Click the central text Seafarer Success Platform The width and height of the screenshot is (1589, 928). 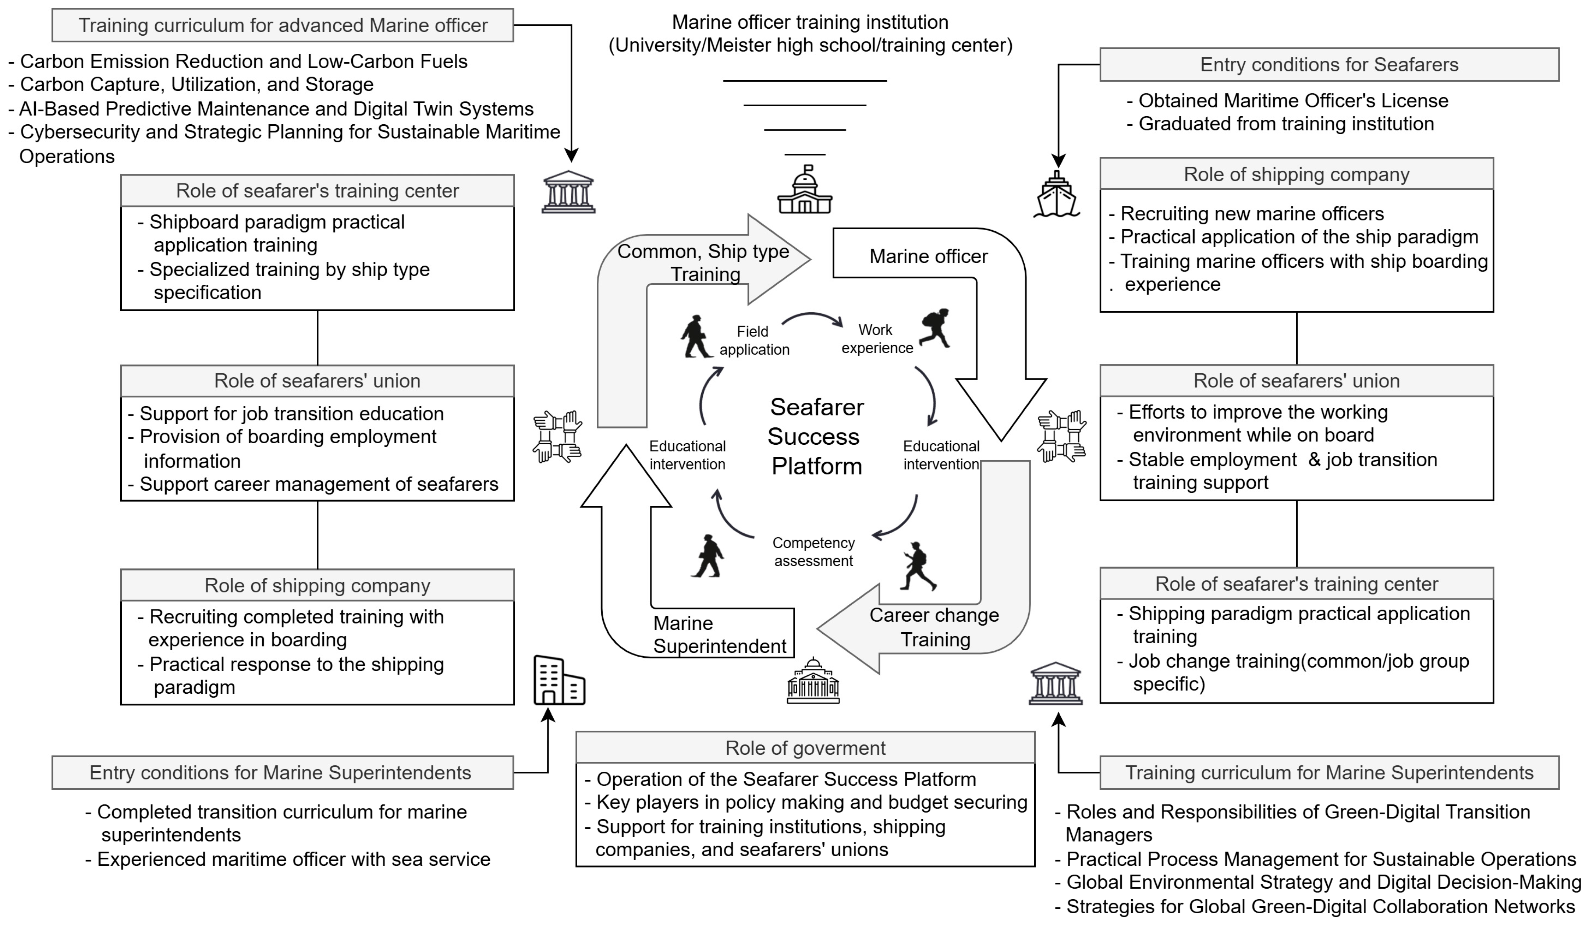point(816,436)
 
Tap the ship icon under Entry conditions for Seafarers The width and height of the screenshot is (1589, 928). point(1057,195)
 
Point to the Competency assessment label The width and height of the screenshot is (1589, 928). point(813,552)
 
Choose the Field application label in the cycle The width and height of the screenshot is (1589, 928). point(753,341)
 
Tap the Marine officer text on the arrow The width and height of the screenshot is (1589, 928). point(928,257)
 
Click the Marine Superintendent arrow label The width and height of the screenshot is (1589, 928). point(719,635)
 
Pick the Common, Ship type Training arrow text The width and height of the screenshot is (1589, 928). point(703,262)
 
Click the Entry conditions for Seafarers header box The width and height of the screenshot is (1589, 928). point(1329,64)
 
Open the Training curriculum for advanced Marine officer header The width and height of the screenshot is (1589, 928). point(283,25)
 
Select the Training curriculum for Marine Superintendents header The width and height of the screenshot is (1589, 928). point(1329,772)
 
